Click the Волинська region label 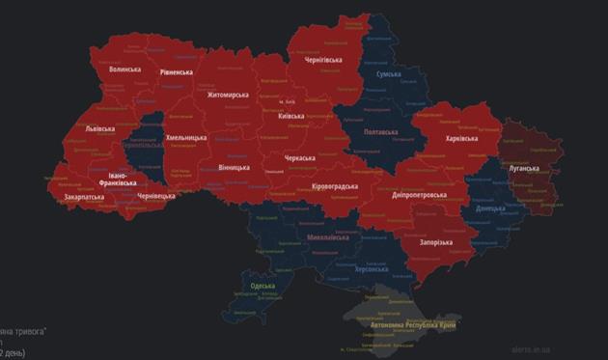[124, 69]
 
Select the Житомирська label [228, 95]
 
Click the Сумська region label [388, 73]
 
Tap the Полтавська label [380, 131]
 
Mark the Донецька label [491, 208]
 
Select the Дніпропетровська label [420, 194]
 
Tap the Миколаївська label [327, 236]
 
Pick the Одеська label [262, 286]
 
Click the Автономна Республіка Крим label [414, 326]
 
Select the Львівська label [99, 128]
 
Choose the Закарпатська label [85, 196]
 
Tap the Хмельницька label [187, 139]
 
